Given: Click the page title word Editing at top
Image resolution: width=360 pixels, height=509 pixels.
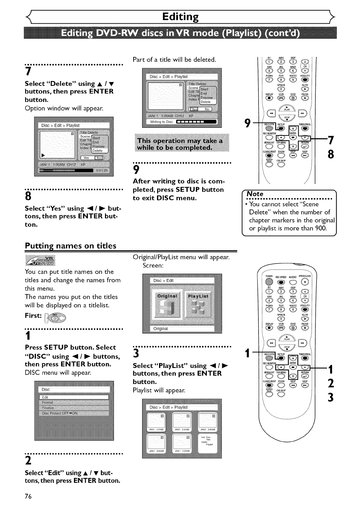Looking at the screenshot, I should point(180,16).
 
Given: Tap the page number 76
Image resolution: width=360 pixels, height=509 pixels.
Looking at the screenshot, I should point(28,496).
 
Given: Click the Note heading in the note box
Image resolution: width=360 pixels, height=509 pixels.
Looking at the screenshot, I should point(255,194).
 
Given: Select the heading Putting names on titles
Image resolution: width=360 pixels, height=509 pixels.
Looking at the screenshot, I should point(70,246).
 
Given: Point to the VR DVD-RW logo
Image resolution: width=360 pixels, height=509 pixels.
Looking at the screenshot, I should point(40,260).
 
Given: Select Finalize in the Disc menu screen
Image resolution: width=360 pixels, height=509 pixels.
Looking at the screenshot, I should point(48,408).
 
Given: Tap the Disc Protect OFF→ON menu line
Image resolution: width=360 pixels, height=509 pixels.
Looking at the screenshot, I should point(60,413).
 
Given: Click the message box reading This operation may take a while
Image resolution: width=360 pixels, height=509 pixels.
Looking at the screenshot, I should point(182,144).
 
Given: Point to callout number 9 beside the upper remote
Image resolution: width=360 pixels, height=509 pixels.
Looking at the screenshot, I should point(248,123).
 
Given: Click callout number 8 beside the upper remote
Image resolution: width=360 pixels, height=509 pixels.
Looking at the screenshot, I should point(331,154).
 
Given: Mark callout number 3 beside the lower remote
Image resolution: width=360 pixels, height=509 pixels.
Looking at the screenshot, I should point(331,397).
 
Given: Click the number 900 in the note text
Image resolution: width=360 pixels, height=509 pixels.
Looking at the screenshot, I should point(320,228).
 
